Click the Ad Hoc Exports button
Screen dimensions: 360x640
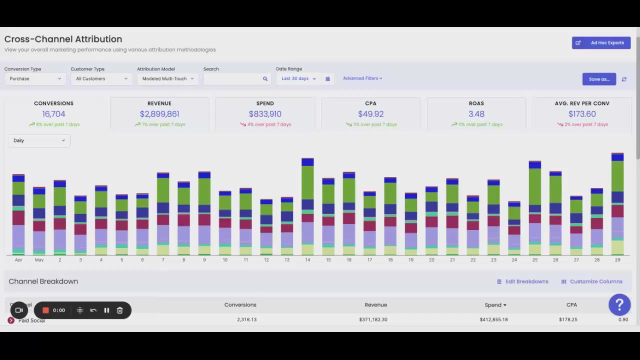[601, 43]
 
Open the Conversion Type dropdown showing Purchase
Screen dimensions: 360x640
[34, 78]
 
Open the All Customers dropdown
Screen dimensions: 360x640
[101, 78]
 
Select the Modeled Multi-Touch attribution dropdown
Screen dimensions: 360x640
[167, 78]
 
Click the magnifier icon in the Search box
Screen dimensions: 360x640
[265, 78]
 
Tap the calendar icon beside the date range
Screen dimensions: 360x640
[327, 78]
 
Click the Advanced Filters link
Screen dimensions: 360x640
[362, 78]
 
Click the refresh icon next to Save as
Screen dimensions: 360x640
[624, 79]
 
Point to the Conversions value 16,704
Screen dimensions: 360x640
[53, 114]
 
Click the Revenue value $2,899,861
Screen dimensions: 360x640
[159, 114]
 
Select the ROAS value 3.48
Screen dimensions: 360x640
[476, 114]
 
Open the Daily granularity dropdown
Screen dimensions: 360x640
[39, 140]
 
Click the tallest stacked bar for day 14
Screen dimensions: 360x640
[307, 205]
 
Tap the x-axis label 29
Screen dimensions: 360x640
[617, 260]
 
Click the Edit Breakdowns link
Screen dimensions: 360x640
[522, 281]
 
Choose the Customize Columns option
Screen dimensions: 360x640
[591, 281]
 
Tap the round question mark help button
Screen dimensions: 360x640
[619, 304]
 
